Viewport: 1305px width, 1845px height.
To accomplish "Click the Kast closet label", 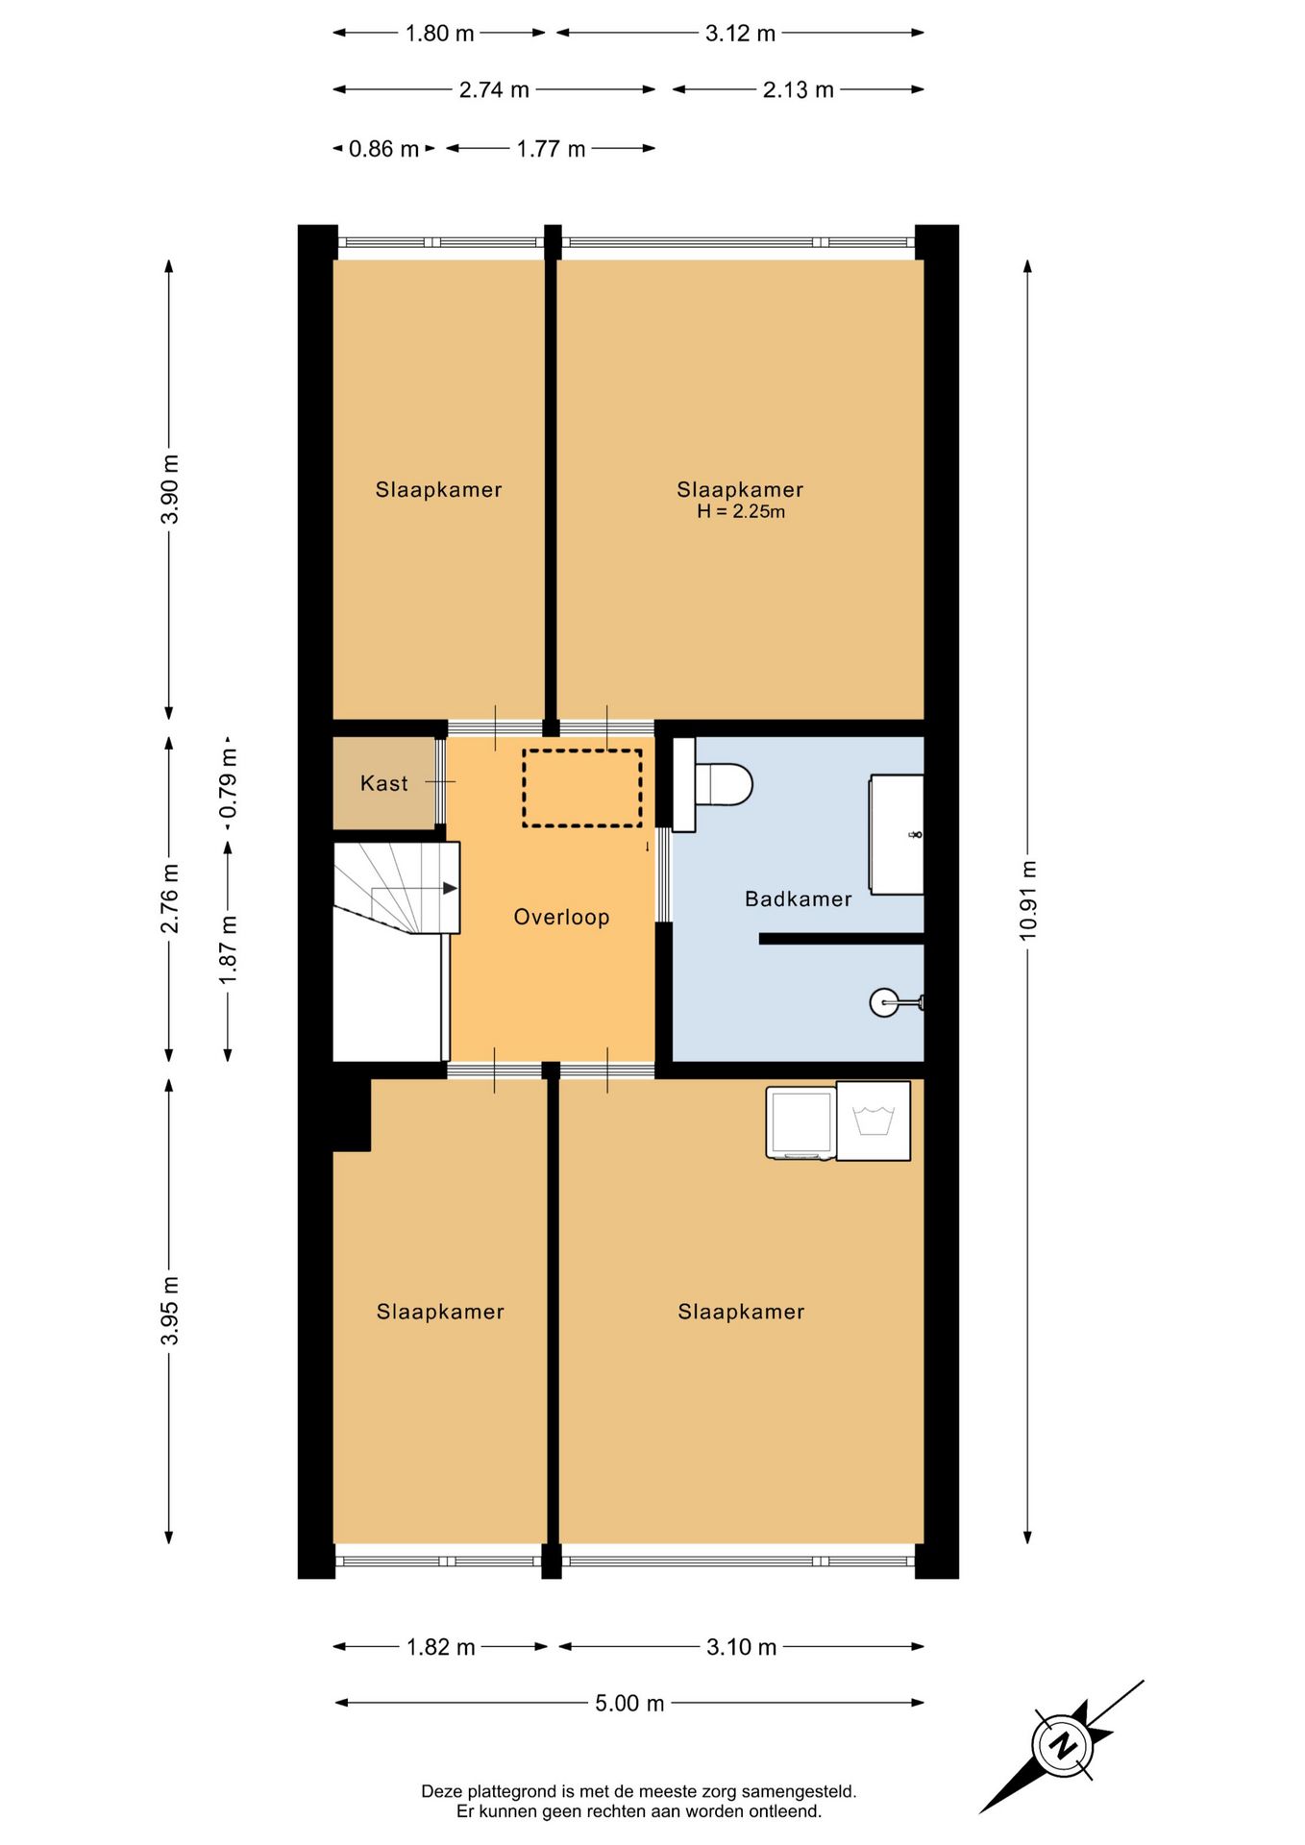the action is (383, 783).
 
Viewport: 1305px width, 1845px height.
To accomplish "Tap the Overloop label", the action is (561, 917).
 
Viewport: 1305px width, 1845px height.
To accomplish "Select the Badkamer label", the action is (798, 898).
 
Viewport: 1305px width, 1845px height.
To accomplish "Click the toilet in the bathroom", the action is (712, 784).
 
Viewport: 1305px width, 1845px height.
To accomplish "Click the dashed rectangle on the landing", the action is (582, 788).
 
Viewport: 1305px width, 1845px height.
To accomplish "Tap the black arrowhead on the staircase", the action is (450, 888).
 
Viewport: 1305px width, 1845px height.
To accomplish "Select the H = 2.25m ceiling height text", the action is (741, 512).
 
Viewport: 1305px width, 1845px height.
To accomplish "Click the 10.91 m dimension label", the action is (1028, 900).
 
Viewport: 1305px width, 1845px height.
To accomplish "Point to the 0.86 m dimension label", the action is (383, 149).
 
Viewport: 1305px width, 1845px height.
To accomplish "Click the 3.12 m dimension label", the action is (740, 34).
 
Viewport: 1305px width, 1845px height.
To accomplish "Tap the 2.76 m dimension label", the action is (169, 898).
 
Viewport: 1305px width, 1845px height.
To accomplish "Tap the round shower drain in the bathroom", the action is (884, 1003).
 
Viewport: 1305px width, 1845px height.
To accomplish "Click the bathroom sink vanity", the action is (896, 834).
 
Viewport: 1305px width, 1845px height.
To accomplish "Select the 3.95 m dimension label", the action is (169, 1311).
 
